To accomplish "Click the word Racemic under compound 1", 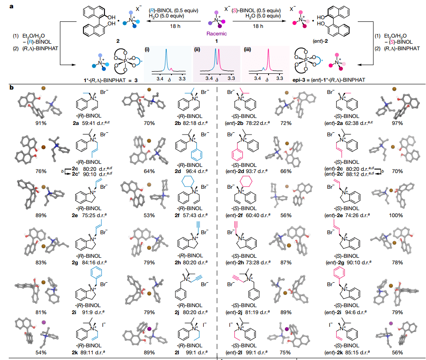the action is coord(216,34).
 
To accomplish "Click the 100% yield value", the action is coord(396,215).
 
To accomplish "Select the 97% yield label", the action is coord(397,123).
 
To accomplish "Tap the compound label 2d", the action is coord(178,171).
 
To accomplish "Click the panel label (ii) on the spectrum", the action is coord(197,49).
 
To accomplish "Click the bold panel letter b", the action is coord(11,88).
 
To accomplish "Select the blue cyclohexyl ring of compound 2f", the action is coord(188,181).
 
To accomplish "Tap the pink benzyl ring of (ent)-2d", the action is coord(237,155).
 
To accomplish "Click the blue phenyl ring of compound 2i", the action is coord(96,273).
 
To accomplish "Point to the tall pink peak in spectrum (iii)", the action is coord(269,60).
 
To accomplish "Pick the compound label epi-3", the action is coord(300,80).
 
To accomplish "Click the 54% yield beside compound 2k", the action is coord(41,353).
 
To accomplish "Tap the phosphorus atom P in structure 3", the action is coord(125,61).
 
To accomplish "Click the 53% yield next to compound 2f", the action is coord(149,215).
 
